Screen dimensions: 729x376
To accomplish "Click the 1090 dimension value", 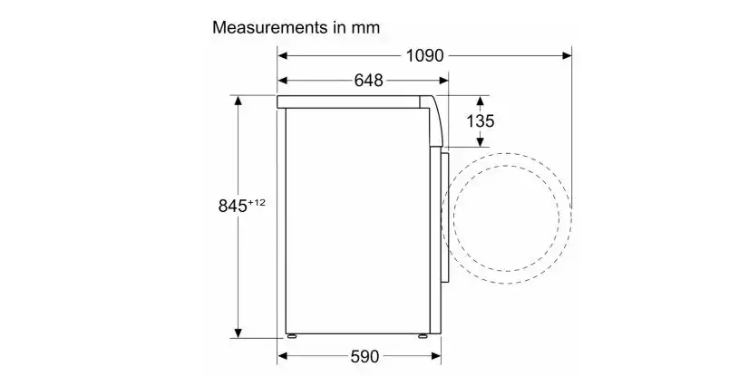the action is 425,56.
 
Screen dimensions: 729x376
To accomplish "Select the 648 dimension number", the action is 369,81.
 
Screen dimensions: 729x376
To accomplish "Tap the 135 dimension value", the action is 481,121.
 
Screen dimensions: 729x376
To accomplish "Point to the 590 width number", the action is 365,356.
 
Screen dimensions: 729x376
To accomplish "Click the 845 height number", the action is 233,206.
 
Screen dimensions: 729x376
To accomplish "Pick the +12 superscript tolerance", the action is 257,202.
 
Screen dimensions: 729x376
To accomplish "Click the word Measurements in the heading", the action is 270,27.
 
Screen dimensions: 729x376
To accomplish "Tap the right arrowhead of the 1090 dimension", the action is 567,56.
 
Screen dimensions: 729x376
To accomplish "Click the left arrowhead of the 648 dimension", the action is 283,81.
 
